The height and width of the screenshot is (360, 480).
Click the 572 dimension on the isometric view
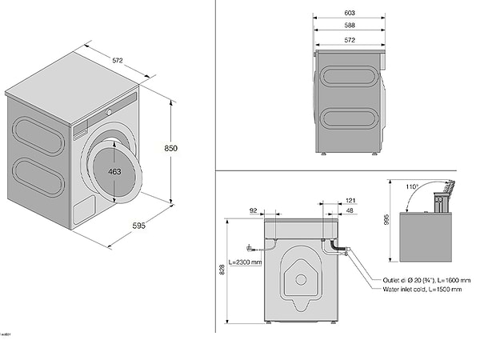tap(117, 59)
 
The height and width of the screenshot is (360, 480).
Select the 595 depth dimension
tap(138, 226)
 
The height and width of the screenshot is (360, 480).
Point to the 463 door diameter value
tap(114, 171)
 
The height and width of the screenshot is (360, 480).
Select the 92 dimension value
tap(254, 210)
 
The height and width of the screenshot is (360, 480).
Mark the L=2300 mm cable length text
tap(245, 262)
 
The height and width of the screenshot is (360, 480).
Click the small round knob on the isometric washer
tap(110, 107)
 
